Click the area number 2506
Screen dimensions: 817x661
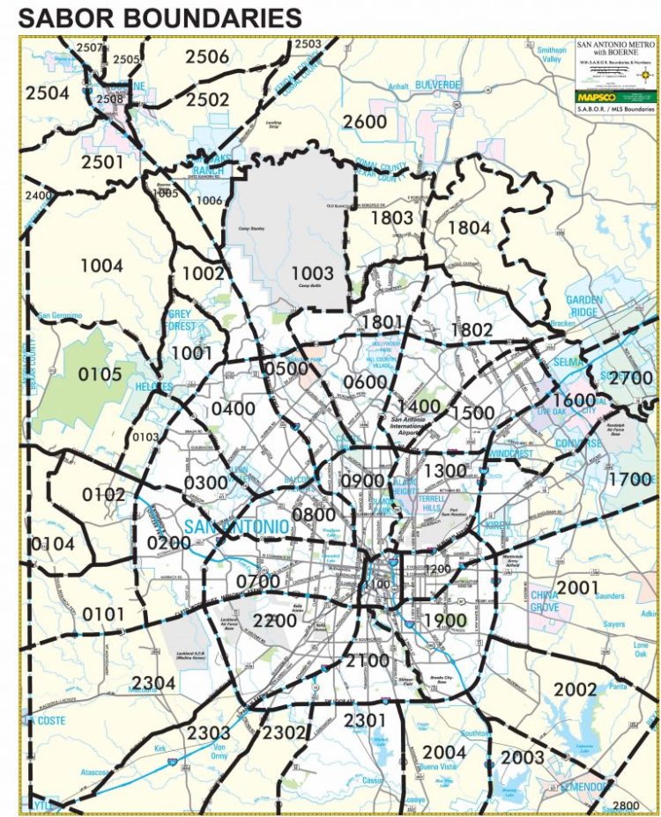(207, 57)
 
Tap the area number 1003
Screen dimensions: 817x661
(313, 274)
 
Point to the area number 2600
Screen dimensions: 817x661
(364, 121)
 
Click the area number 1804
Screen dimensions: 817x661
(469, 227)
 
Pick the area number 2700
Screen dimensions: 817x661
(630, 379)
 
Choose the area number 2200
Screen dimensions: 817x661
(273, 621)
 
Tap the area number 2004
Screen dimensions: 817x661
(443, 752)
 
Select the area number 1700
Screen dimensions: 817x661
(629, 481)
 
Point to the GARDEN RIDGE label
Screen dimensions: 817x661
(584, 305)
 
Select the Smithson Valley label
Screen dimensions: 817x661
(551, 55)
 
